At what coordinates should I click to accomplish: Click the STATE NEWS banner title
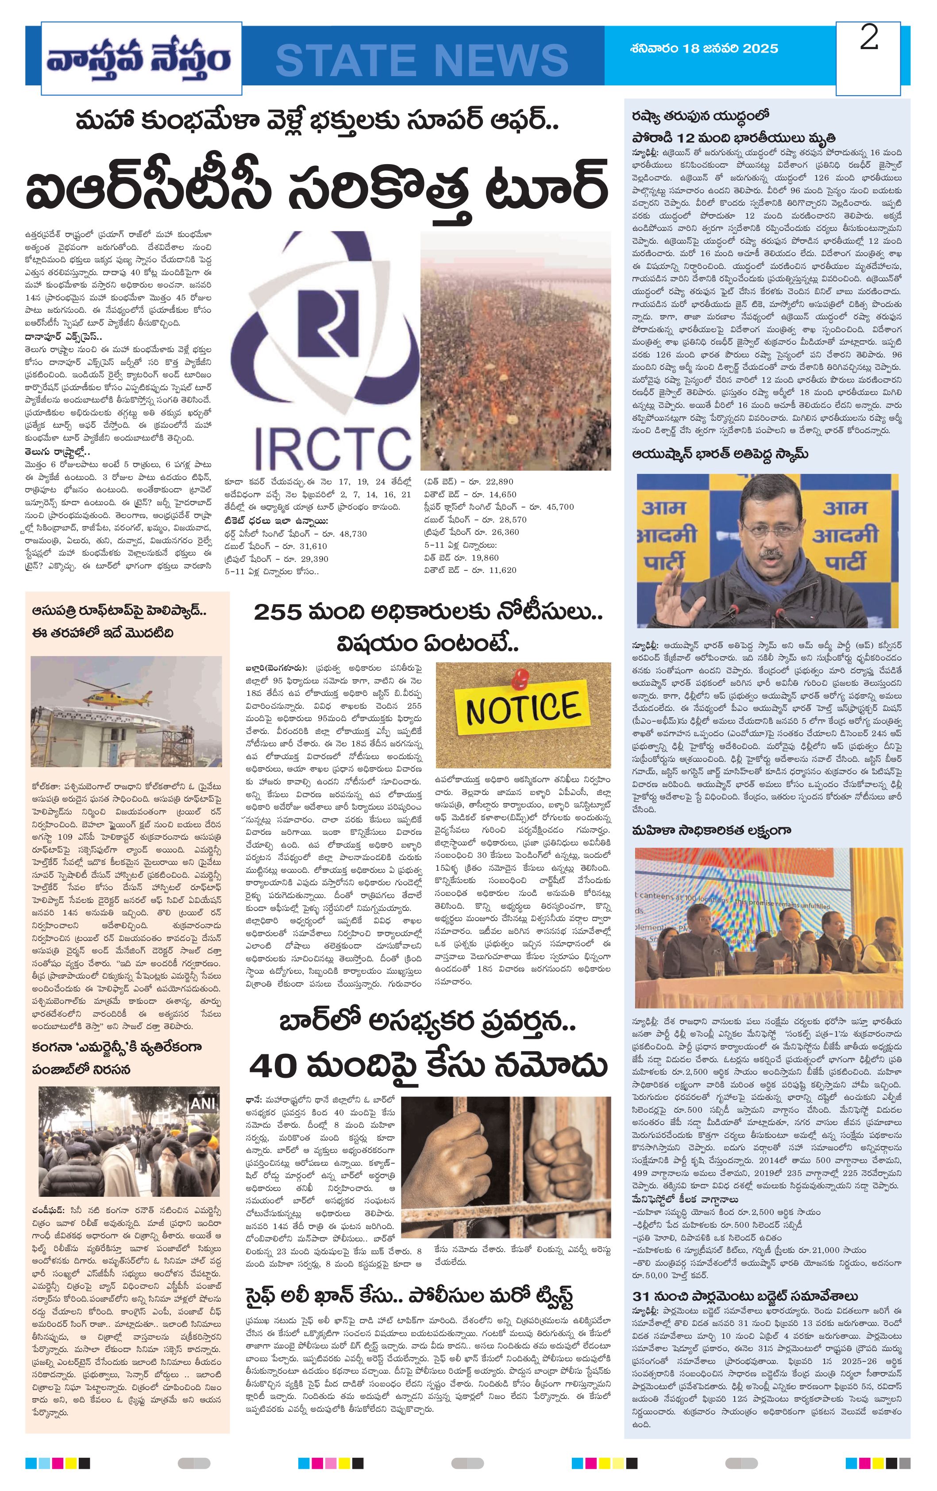pos(422,60)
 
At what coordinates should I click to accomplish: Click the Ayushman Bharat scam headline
pos(720,454)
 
